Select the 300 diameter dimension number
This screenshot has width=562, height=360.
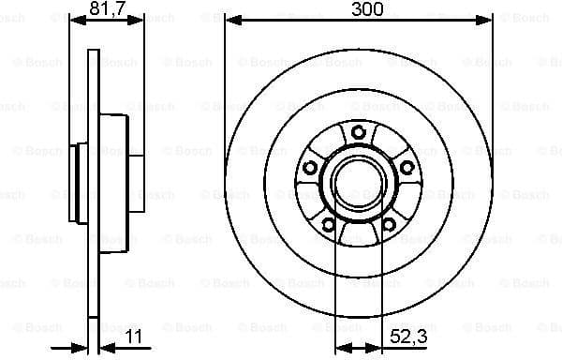click(x=359, y=10)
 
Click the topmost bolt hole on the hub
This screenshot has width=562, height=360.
click(x=359, y=132)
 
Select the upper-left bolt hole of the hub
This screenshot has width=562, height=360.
click(x=310, y=168)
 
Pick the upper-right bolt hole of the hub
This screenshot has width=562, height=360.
click(x=407, y=168)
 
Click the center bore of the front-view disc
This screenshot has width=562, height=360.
click(x=359, y=183)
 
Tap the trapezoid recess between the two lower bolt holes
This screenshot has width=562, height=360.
click(x=359, y=233)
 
